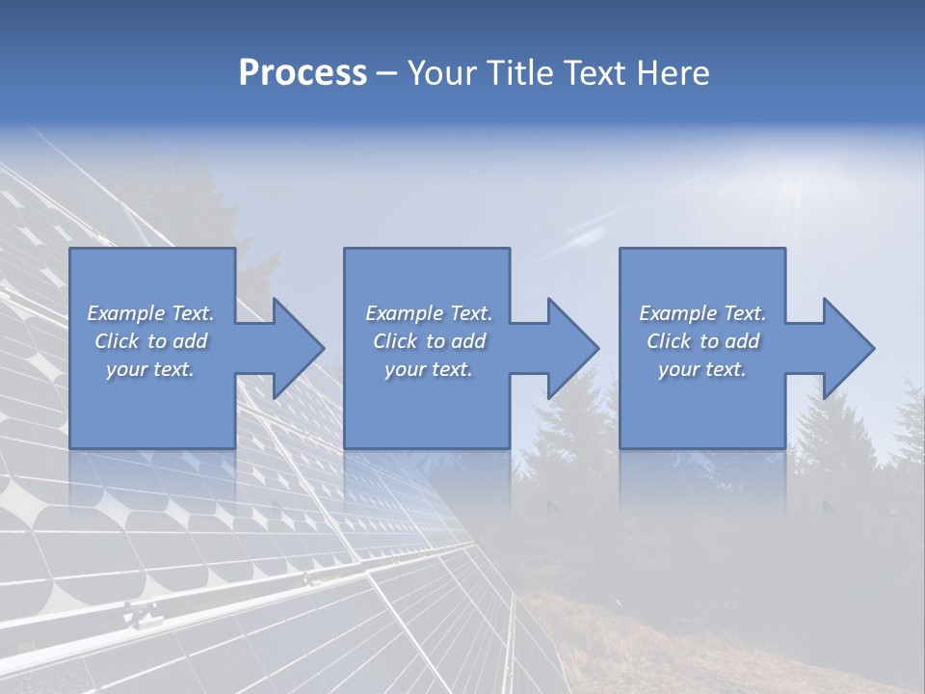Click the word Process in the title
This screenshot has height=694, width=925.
[x=303, y=73]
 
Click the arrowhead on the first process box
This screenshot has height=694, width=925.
[x=299, y=348]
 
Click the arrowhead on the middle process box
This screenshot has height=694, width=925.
[x=573, y=348]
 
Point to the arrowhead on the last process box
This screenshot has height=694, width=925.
[x=849, y=348]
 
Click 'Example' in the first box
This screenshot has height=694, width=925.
[x=126, y=313]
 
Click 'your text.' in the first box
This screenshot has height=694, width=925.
[x=150, y=369]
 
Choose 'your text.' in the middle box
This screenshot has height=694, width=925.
[x=428, y=369]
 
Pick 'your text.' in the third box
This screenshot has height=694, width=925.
[x=701, y=369]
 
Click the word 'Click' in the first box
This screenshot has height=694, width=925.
[x=117, y=341]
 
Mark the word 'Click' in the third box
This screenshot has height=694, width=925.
[x=669, y=341]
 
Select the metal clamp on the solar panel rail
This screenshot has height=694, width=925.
[x=141, y=612]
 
